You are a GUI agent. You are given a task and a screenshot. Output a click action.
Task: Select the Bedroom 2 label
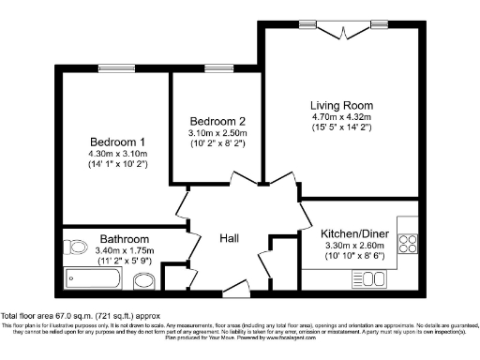[x=217, y=122]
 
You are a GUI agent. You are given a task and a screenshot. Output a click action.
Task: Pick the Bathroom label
[x=124, y=240]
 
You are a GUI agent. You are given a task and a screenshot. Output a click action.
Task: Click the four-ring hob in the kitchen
[x=409, y=243]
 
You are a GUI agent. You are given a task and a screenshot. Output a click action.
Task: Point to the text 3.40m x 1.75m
[x=124, y=251]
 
